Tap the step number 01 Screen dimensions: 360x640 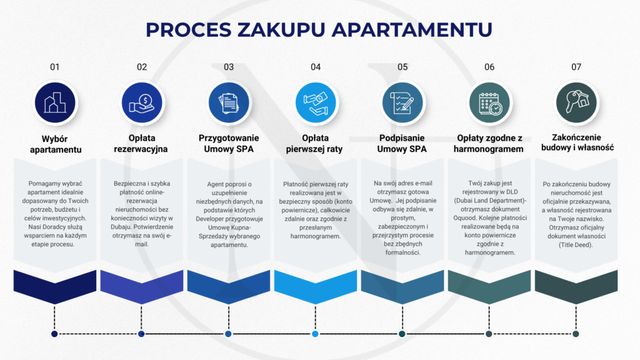coord(55,67)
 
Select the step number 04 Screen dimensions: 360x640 coord(315,67)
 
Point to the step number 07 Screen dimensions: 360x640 coord(576,67)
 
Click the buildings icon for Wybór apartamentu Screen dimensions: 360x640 coord(55,102)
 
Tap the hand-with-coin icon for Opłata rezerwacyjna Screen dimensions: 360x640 coord(142,102)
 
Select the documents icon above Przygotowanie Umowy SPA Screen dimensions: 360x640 coord(229,102)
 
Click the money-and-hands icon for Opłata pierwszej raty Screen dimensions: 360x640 coord(315,102)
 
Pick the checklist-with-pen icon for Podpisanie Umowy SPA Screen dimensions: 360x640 coord(402,102)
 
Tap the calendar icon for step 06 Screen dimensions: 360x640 coord(489,102)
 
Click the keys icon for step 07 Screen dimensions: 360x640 coord(576,102)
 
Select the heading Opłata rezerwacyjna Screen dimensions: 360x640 coord(142,144)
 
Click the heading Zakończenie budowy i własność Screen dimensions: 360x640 coord(576,144)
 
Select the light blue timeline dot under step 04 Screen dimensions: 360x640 coord(315,334)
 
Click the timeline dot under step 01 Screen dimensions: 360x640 coord(55,334)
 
